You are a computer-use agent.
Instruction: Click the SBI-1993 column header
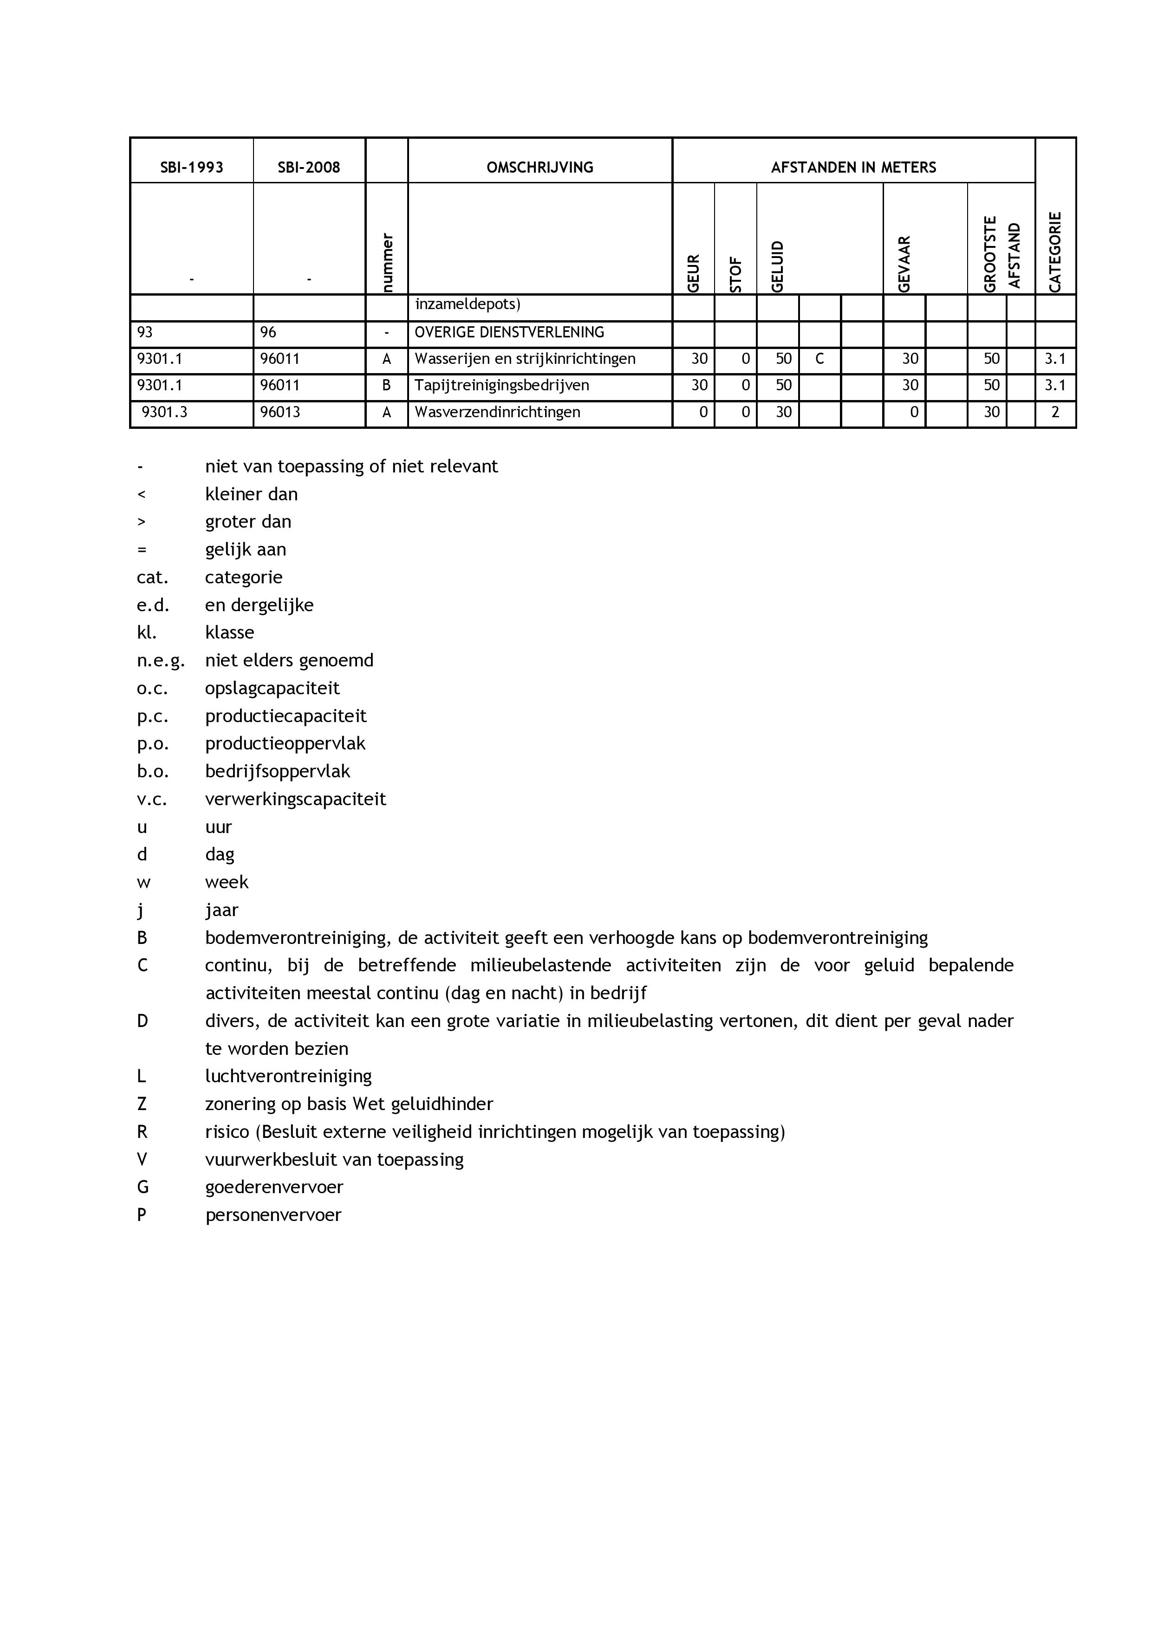[x=191, y=168]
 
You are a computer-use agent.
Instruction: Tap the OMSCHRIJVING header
[x=540, y=168]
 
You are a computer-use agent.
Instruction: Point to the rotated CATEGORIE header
[x=1055, y=252]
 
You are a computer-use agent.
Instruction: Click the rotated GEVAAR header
[x=904, y=264]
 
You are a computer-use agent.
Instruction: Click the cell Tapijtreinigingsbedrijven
[x=501, y=386]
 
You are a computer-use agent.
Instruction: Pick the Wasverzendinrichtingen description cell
[x=497, y=412]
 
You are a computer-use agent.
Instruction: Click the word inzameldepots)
[x=468, y=305]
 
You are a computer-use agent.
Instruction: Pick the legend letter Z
[x=142, y=1104]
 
